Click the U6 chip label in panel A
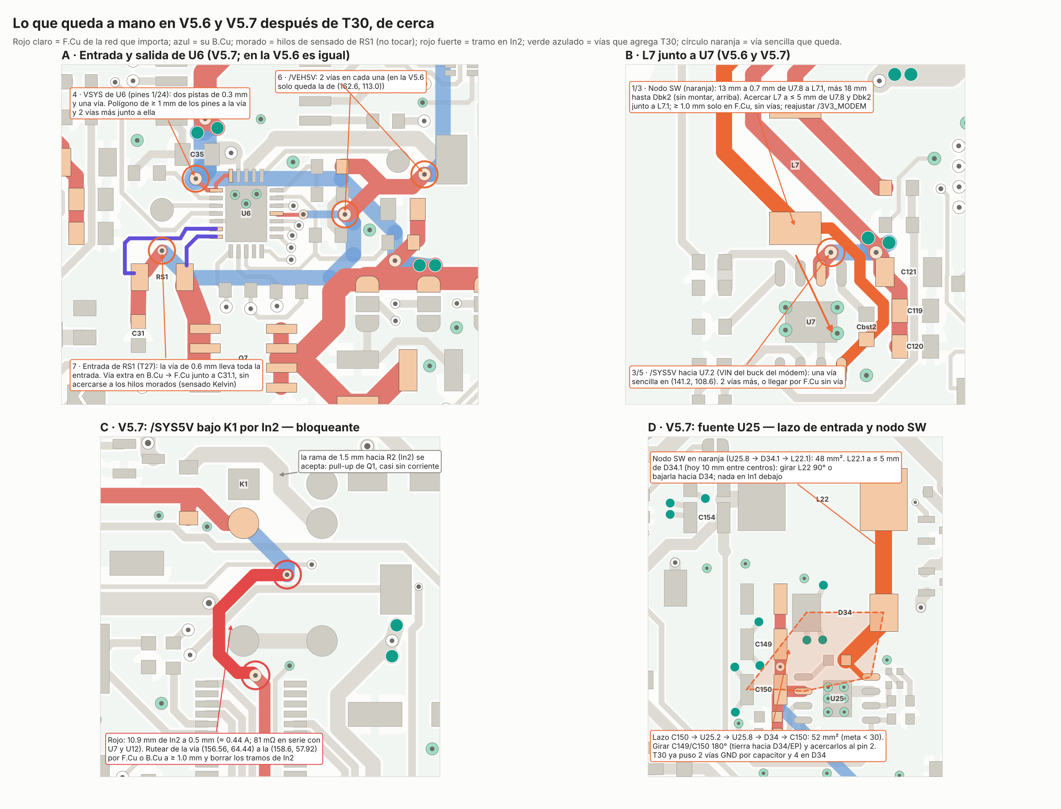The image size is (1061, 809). (246, 214)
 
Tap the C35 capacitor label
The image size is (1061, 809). (197, 155)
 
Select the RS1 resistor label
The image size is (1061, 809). (162, 277)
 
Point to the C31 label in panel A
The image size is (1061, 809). (138, 333)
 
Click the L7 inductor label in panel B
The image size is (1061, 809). (795, 165)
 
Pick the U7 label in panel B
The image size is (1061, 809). (811, 322)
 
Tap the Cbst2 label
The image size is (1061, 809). (866, 327)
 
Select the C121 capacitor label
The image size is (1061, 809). (908, 272)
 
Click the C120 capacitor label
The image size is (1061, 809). (915, 346)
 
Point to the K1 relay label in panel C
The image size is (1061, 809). (244, 484)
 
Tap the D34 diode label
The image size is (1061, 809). (845, 613)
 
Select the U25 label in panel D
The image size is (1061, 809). (837, 698)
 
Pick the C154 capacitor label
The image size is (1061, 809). (706, 517)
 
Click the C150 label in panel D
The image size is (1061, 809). (763, 690)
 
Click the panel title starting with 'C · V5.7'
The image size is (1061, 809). (230, 427)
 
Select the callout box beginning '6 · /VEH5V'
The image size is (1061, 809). (351, 82)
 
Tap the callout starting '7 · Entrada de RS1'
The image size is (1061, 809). (166, 375)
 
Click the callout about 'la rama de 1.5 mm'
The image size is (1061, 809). (370, 462)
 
